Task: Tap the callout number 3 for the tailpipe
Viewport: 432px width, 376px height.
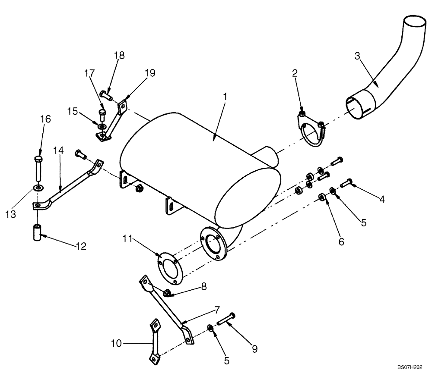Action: tap(357, 56)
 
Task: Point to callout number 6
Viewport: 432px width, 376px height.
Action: tap(341, 242)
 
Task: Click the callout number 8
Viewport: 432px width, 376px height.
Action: tap(203, 286)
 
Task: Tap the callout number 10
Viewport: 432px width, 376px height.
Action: tap(115, 344)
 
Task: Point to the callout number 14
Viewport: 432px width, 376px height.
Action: tap(59, 150)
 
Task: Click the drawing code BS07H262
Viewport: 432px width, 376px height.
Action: tap(410, 367)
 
